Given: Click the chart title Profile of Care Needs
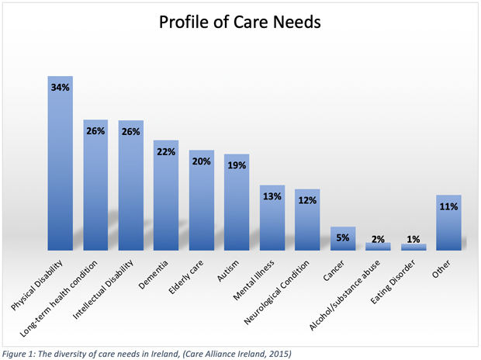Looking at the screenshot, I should coord(240,23).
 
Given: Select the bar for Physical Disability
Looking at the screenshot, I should coord(61,167).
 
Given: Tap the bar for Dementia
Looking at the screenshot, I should coord(166,198).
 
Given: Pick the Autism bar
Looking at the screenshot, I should coord(237,203).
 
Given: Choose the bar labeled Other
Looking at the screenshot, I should coord(448,223).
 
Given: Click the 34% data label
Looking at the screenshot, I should coord(61,88).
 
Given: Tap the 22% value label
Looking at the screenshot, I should coord(166,151).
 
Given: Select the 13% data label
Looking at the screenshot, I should coord(272,196).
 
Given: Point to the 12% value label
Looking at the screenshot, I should coord(307,201).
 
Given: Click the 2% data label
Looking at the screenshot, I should coord(378,239).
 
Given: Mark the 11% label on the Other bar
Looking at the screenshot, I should coord(448,207).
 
